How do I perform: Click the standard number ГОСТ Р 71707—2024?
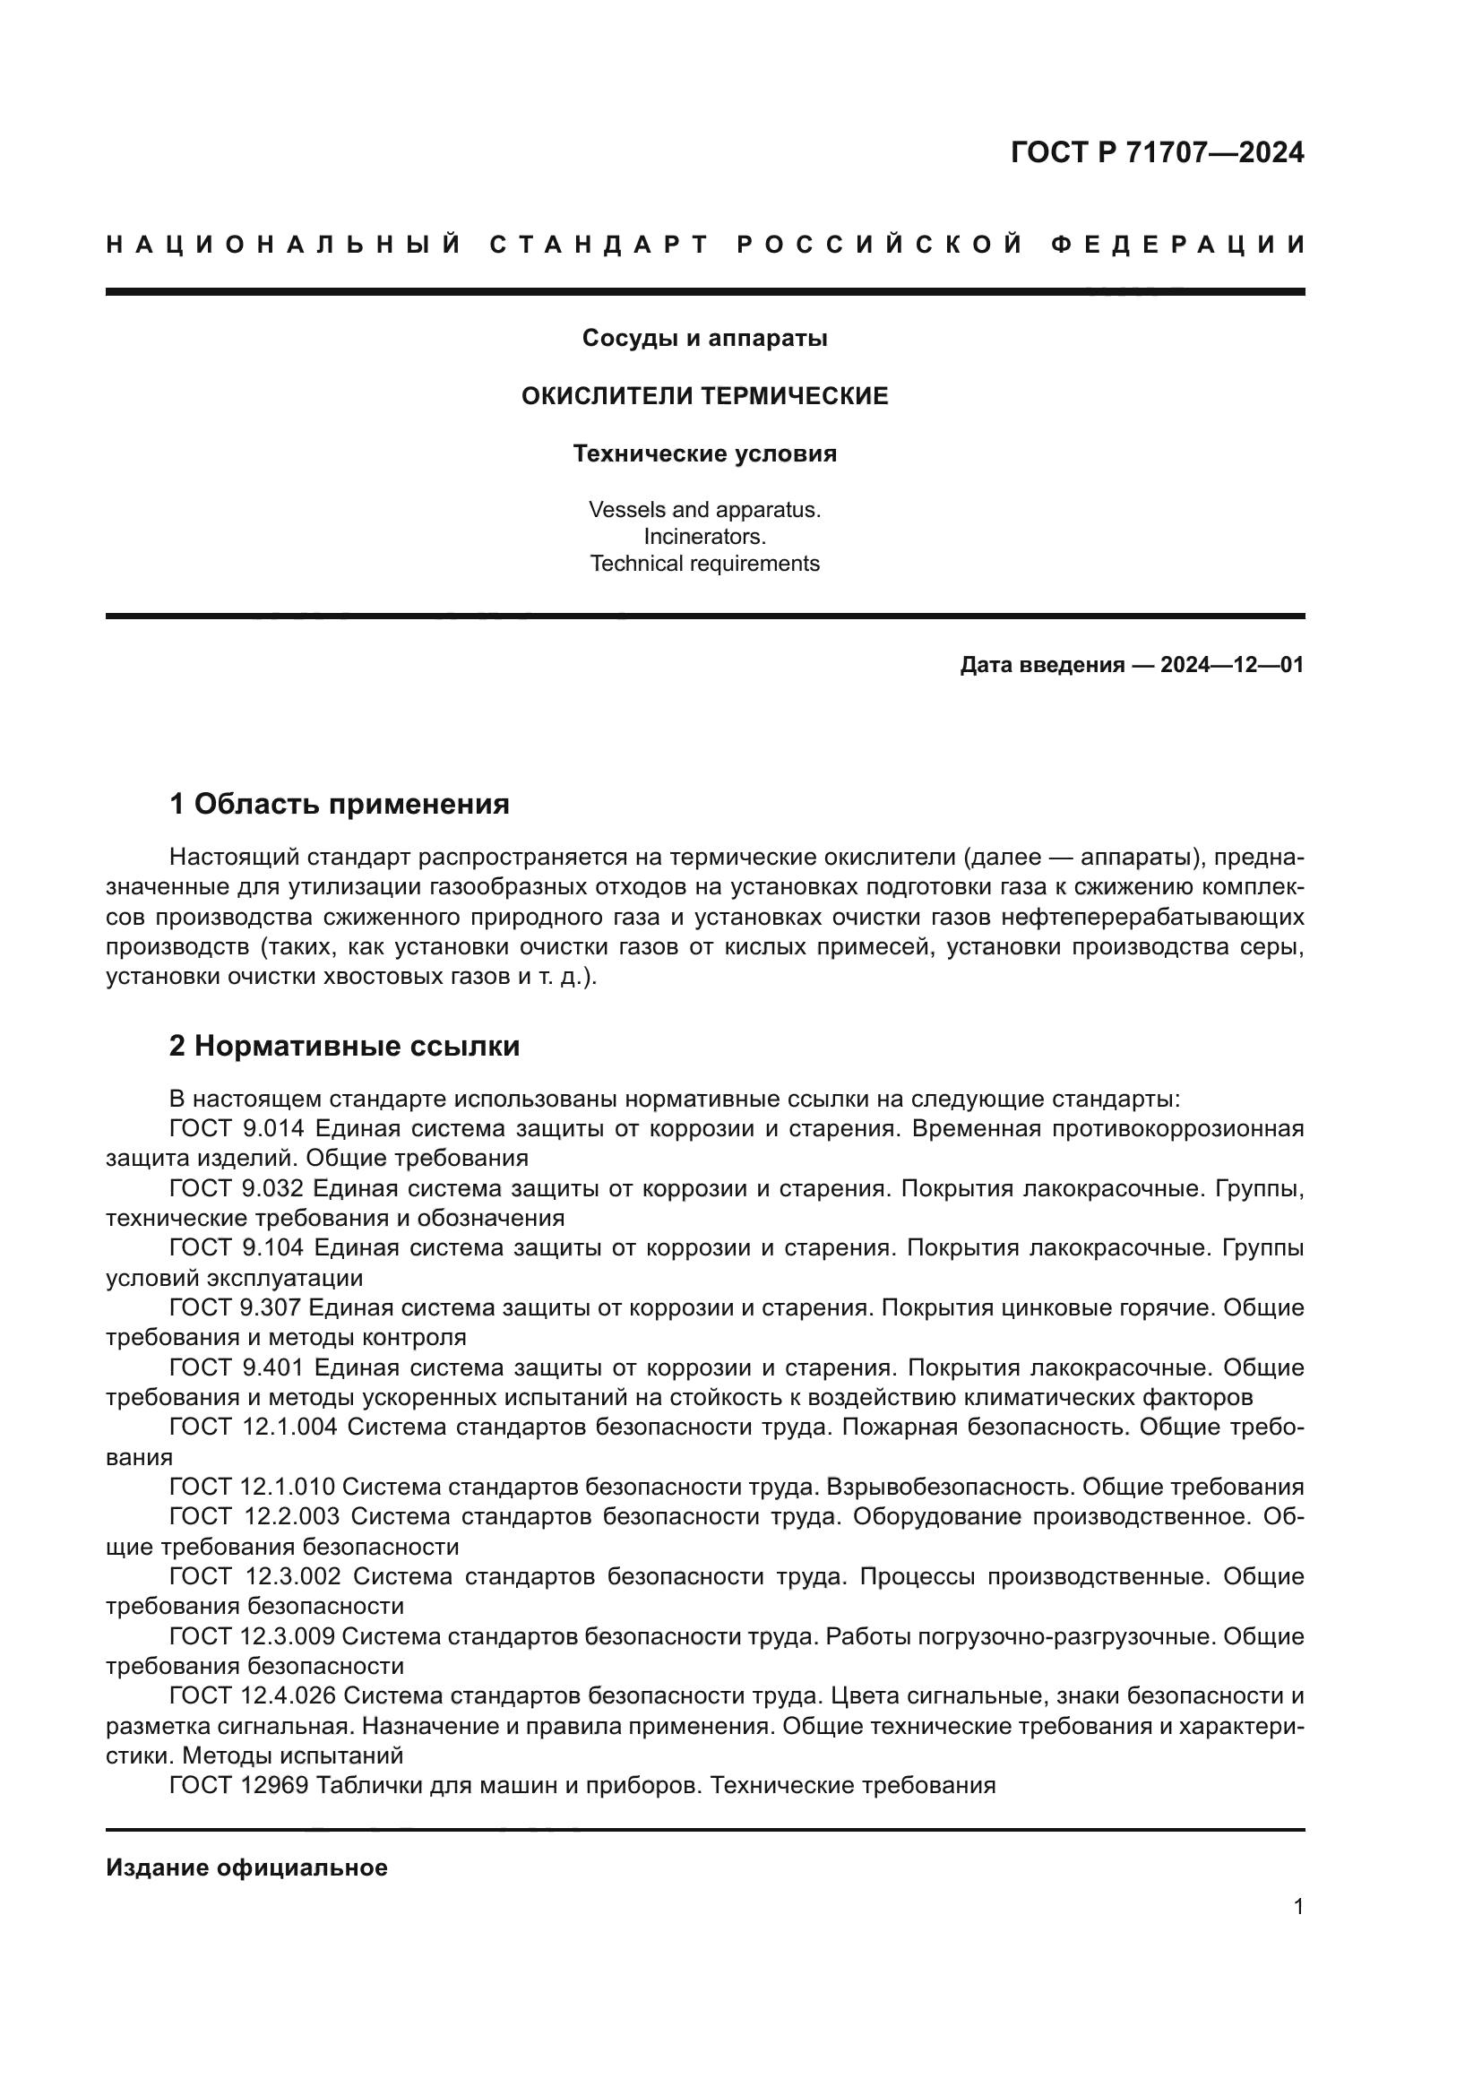pyautogui.click(x=1156, y=152)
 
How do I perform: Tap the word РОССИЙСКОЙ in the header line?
pyautogui.click(x=880, y=245)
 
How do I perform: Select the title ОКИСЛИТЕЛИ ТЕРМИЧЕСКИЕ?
pyautogui.click(x=704, y=396)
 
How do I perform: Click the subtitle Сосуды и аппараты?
pyautogui.click(x=704, y=339)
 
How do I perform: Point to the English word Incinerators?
pyautogui.click(x=704, y=537)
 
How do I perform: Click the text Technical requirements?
pyautogui.click(x=704, y=565)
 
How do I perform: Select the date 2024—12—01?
pyautogui.click(x=1232, y=666)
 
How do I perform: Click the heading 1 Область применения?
pyautogui.click(x=340, y=804)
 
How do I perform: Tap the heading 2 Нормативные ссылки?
pyautogui.click(x=344, y=1046)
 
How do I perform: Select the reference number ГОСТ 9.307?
pyautogui.click(x=235, y=1309)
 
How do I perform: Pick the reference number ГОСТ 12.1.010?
pyautogui.click(x=253, y=1488)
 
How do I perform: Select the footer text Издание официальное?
pyautogui.click(x=246, y=1867)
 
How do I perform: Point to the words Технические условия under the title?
pyautogui.click(x=704, y=453)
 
